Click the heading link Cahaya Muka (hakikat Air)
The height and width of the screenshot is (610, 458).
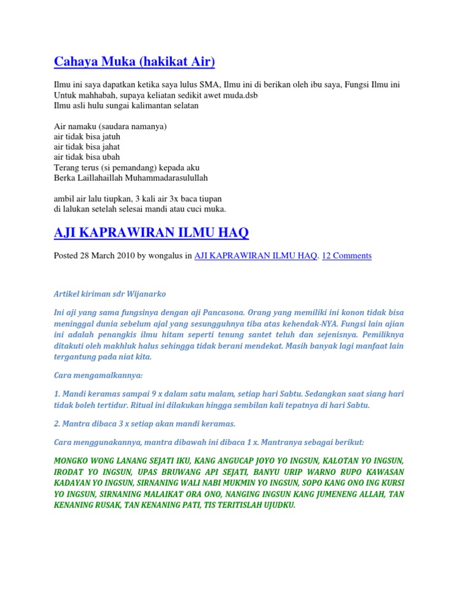(134, 61)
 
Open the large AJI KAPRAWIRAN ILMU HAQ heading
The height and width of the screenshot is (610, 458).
(151, 233)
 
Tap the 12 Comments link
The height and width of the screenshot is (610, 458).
(346, 256)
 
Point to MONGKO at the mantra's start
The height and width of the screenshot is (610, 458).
(70, 461)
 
